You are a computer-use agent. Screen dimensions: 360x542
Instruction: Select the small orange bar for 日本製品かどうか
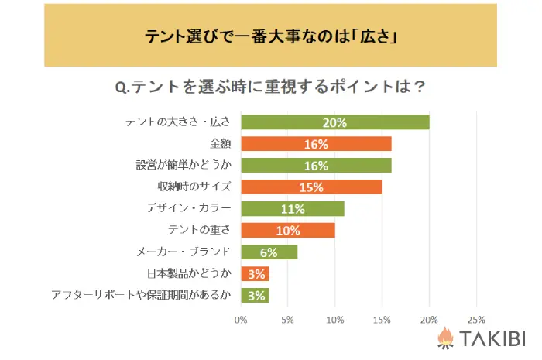click(x=255, y=274)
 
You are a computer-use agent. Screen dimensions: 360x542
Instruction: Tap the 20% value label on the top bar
click(x=334, y=122)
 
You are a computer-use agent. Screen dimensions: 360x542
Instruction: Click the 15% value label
click(x=312, y=187)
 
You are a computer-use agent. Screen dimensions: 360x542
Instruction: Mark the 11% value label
click(x=293, y=209)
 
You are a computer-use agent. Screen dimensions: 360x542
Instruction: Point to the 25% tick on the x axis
click(x=476, y=319)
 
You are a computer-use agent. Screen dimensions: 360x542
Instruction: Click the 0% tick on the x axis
click(x=241, y=319)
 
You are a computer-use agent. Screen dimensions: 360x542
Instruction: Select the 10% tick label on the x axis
click(x=335, y=319)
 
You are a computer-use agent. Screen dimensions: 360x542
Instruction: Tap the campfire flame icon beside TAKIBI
click(x=445, y=338)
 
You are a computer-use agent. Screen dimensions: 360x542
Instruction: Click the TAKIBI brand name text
click(x=492, y=339)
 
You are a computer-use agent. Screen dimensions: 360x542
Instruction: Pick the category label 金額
click(x=221, y=144)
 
